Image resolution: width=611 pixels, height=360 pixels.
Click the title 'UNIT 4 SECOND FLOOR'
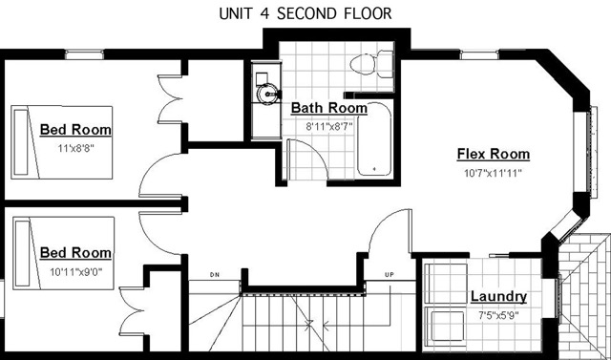pyautogui.click(x=305, y=13)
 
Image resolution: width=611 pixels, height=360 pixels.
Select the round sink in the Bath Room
pyautogui.click(x=268, y=94)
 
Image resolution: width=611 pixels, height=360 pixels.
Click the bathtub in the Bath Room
pyautogui.click(x=374, y=138)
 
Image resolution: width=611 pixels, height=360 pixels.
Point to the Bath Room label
pyautogui.click(x=329, y=108)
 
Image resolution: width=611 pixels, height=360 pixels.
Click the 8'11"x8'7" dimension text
pyautogui.click(x=329, y=126)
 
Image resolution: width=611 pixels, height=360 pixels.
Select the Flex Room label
pyautogui.click(x=494, y=154)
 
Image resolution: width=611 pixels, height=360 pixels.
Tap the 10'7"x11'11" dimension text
pyautogui.click(x=493, y=173)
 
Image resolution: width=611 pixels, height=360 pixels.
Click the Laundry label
pyautogui.click(x=498, y=296)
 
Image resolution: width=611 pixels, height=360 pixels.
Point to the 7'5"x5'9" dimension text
pyautogui.click(x=498, y=315)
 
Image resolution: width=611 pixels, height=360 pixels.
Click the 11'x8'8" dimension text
pyautogui.click(x=76, y=148)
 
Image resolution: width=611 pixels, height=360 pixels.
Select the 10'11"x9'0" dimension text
pyautogui.click(x=76, y=272)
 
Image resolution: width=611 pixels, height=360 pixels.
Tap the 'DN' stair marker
pyautogui.click(x=214, y=275)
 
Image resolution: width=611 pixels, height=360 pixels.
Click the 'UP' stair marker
pyautogui.click(x=390, y=275)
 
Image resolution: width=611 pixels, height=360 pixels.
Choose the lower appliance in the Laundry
pyautogui.click(x=446, y=327)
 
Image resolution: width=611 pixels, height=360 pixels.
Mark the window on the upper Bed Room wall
pyautogui.click(x=84, y=54)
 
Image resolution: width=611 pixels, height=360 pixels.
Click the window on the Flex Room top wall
pyautogui.click(x=479, y=54)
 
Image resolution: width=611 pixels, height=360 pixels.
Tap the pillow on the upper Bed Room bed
pyautogui.click(x=21, y=142)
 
